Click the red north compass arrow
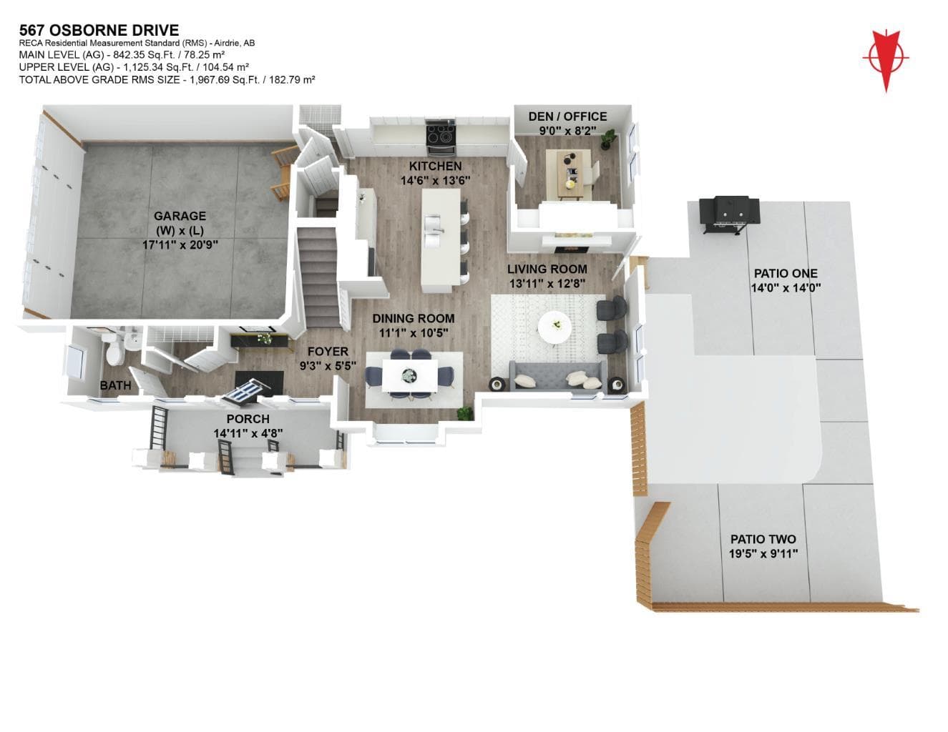click(886, 61)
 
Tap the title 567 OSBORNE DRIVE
click(99, 30)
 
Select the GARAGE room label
click(180, 216)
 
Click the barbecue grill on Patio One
click(729, 214)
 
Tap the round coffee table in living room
click(555, 327)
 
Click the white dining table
click(410, 375)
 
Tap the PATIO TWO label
click(763, 539)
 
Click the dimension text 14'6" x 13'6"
click(436, 180)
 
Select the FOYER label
click(328, 351)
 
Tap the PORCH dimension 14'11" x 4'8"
click(248, 433)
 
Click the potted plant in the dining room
click(464, 412)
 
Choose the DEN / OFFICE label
click(567, 117)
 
